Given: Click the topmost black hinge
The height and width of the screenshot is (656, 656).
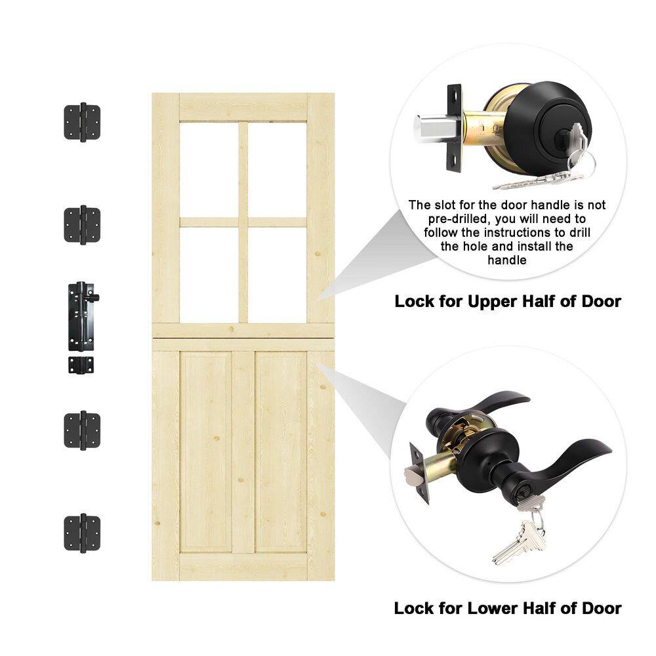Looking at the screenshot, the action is [82, 122].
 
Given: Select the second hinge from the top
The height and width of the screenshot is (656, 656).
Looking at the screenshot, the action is [82, 225].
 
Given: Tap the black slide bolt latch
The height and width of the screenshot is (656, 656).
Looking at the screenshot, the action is [83, 317].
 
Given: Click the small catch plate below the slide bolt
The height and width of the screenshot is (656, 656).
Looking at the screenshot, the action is [81, 365].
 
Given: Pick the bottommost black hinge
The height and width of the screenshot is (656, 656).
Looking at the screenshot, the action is [82, 533].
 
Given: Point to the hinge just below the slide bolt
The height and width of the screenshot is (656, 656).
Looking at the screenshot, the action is [82, 430].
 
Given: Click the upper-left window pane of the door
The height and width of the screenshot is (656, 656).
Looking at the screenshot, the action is [209, 169].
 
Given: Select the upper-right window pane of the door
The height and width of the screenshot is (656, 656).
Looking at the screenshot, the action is [277, 169].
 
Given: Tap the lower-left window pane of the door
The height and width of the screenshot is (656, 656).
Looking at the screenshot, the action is [209, 275].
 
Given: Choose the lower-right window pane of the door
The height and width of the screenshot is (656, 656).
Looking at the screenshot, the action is [277, 275].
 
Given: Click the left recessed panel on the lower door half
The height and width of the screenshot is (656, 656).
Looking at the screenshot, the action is [206, 452].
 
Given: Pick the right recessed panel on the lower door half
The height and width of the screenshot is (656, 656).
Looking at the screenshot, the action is [281, 452].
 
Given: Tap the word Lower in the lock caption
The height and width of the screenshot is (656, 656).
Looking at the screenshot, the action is [490, 608].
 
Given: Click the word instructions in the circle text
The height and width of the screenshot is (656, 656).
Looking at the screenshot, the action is [525, 233].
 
